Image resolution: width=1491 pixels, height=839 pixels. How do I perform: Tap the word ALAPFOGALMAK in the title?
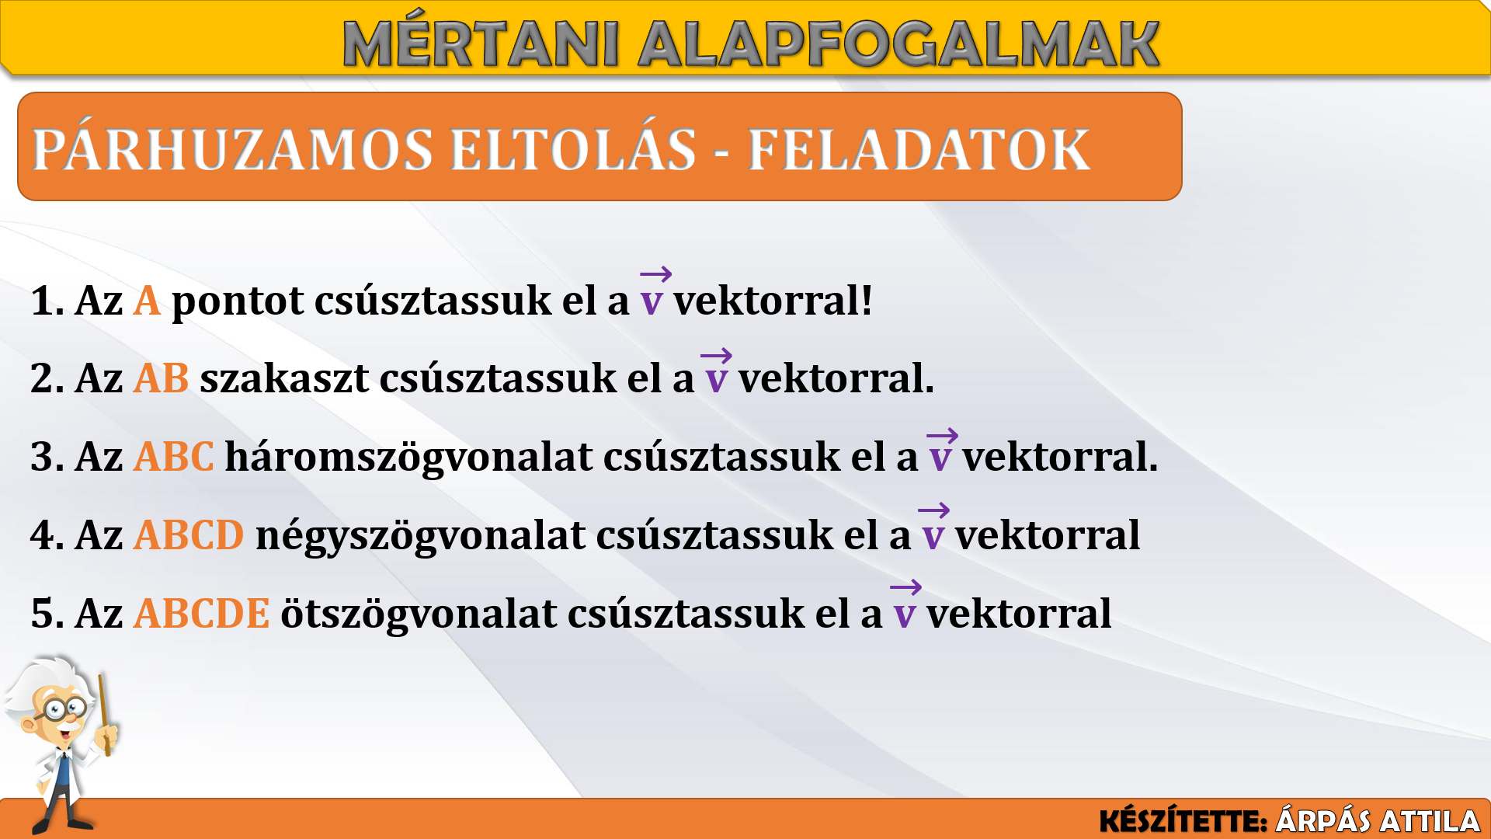coord(899,44)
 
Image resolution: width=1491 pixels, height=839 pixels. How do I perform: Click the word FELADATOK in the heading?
coord(919,149)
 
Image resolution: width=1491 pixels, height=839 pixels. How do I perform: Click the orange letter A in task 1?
coord(147,301)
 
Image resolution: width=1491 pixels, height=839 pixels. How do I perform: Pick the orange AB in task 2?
coord(161,378)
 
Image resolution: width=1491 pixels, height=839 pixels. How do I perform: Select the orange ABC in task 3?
coord(173,457)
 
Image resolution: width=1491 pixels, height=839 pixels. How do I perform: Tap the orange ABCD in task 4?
coord(189,535)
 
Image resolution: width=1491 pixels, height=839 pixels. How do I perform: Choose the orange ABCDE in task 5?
coord(202,614)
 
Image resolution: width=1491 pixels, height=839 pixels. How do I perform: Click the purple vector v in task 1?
coord(654,293)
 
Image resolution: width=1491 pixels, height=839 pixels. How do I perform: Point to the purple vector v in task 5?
coord(905,605)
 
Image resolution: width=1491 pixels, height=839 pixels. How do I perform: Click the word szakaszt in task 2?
coord(284,378)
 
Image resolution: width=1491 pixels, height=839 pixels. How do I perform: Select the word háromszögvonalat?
coord(408,457)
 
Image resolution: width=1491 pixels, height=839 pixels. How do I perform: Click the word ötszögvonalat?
coord(419,614)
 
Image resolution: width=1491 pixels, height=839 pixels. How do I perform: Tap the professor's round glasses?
coord(65,707)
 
